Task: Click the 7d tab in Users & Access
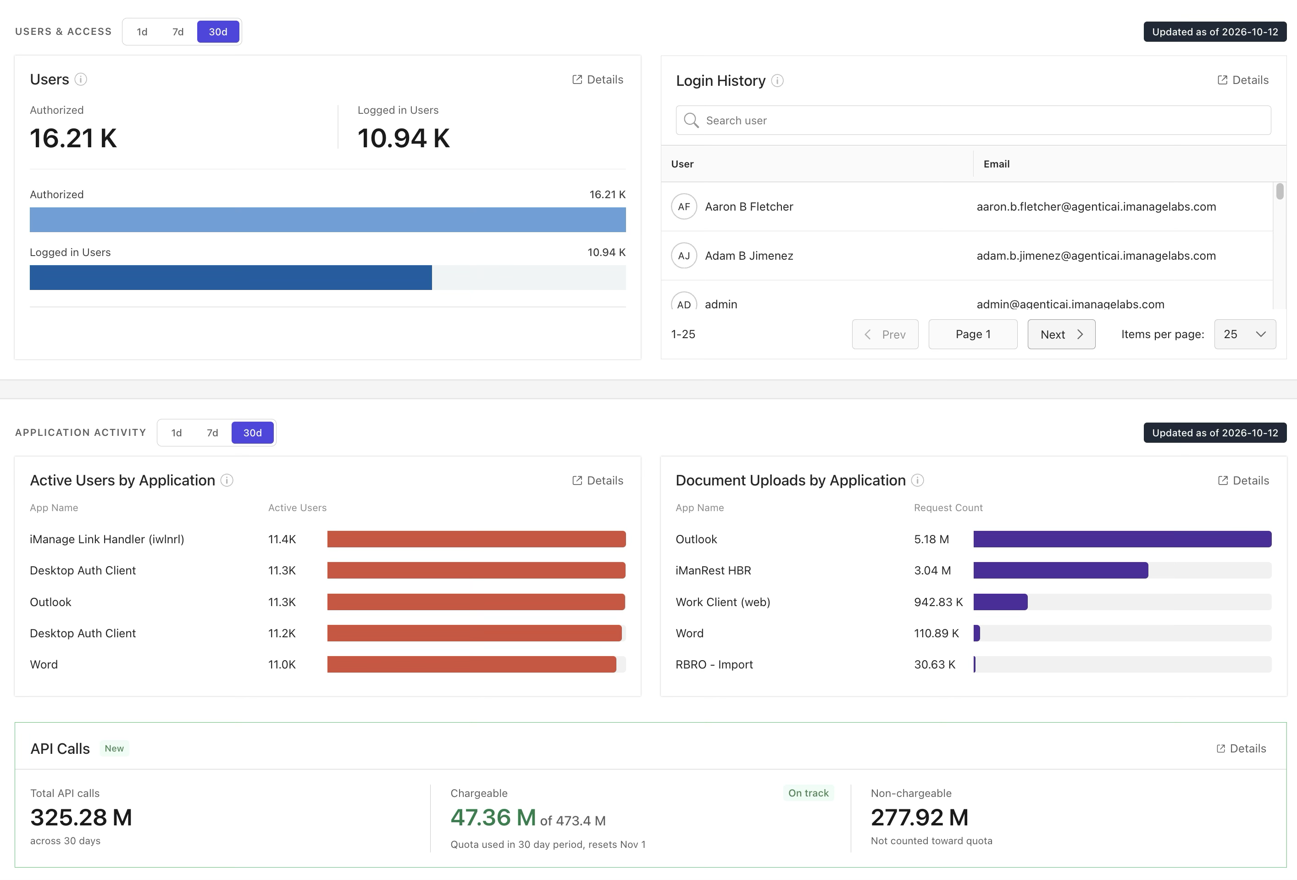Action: click(x=178, y=32)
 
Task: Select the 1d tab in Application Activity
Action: click(x=177, y=433)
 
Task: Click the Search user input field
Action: click(x=973, y=120)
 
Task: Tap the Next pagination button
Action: click(x=1061, y=334)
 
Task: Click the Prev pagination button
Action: click(x=885, y=334)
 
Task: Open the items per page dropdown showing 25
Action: click(x=1245, y=334)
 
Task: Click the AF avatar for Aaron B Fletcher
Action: click(x=684, y=206)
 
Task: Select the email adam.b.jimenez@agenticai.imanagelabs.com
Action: click(x=1096, y=256)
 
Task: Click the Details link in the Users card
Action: click(x=598, y=80)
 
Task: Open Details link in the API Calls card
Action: click(x=1241, y=749)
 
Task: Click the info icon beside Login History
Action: click(x=777, y=81)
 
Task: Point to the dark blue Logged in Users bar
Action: click(x=231, y=278)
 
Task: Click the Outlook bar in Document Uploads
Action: click(x=1122, y=540)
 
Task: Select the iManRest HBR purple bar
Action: click(x=1061, y=571)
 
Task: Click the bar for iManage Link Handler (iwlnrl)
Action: click(x=477, y=540)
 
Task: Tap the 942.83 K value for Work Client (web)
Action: click(x=939, y=602)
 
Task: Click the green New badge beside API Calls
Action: click(x=114, y=749)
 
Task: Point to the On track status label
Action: click(x=809, y=793)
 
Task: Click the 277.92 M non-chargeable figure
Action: click(x=920, y=818)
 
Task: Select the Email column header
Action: click(x=997, y=164)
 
